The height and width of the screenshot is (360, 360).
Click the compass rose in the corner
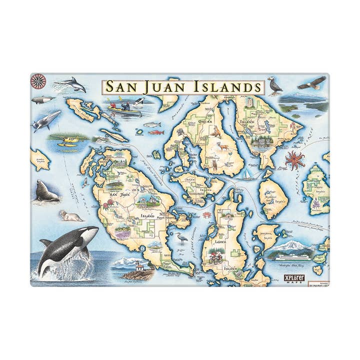[38, 80]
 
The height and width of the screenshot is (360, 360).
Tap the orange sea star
[294, 160]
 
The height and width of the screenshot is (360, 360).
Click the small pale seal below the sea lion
[70, 215]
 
